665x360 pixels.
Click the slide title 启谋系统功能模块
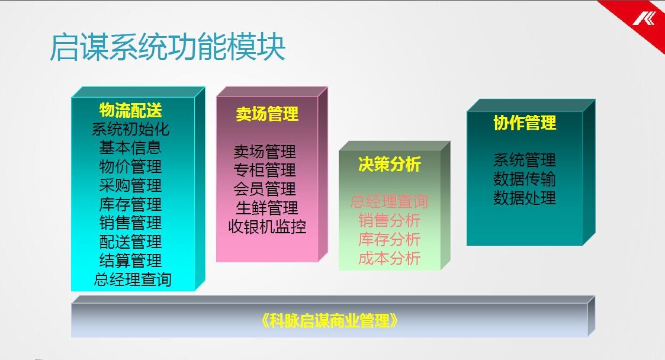click(x=168, y=47)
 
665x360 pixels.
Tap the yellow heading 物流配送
click(x=131, y=110)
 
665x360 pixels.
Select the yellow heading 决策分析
click(x=389, y=164)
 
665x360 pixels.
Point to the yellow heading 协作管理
click(x=525, y=123)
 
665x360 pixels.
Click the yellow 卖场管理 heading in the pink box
click(x=267, y=114)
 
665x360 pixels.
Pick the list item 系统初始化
click(x=131, y=129)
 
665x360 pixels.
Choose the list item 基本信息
click(x=131, y=148)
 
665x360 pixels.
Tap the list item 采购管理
click(x=131, y=185)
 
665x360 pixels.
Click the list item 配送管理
click(x=131, y=242)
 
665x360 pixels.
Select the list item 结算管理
click(x=131, y=261)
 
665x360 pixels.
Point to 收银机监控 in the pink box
click(x=267, y=227)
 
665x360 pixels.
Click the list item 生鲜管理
click(x=267, y=208)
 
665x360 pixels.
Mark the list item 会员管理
click(x=265, y=189)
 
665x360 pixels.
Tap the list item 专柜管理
click(x=265, y=170)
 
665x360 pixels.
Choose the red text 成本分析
click(x=389, y=258)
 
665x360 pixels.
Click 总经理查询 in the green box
click(x=389, y=201)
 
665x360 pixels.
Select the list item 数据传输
click(x=525, y=179)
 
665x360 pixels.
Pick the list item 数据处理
click(x=525, y=198)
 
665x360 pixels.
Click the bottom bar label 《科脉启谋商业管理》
click(x=330, y=321)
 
